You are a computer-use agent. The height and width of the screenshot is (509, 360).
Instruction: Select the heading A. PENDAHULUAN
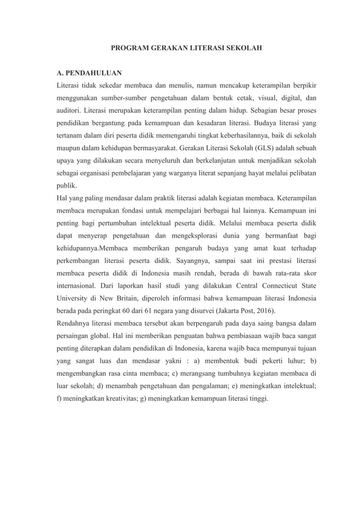click(x=88, y=73)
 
